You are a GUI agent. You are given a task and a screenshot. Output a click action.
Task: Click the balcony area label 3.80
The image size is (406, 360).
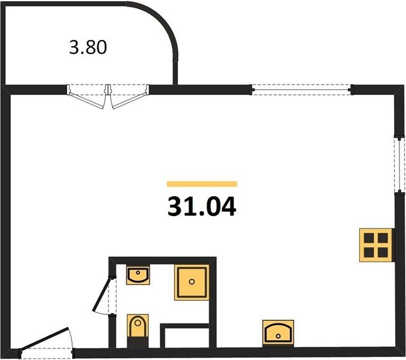[x=88, y=47]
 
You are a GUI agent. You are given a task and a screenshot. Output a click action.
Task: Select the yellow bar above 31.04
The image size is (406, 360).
[x=202, y=184]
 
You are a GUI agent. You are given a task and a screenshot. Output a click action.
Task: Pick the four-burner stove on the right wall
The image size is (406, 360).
[x=375, y=245]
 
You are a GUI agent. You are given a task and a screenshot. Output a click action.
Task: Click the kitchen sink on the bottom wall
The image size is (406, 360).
[x=279, y=331]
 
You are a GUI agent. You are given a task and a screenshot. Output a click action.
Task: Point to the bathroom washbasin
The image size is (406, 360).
[x=138, y=276]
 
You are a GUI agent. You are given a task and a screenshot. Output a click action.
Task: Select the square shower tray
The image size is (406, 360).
[x=192, y=281]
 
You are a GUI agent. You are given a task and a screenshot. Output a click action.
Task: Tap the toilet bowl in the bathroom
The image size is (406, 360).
[x=138, y=327]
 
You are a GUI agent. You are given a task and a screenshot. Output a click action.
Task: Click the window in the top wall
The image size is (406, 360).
[x=300, y=90]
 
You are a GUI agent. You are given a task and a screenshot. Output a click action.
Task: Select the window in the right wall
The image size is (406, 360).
[x=398, y=166]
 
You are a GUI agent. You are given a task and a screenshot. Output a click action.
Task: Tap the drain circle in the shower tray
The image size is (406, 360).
[x=192, y=281]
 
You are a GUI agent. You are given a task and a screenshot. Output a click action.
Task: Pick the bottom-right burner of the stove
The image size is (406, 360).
[x=383, y=252]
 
